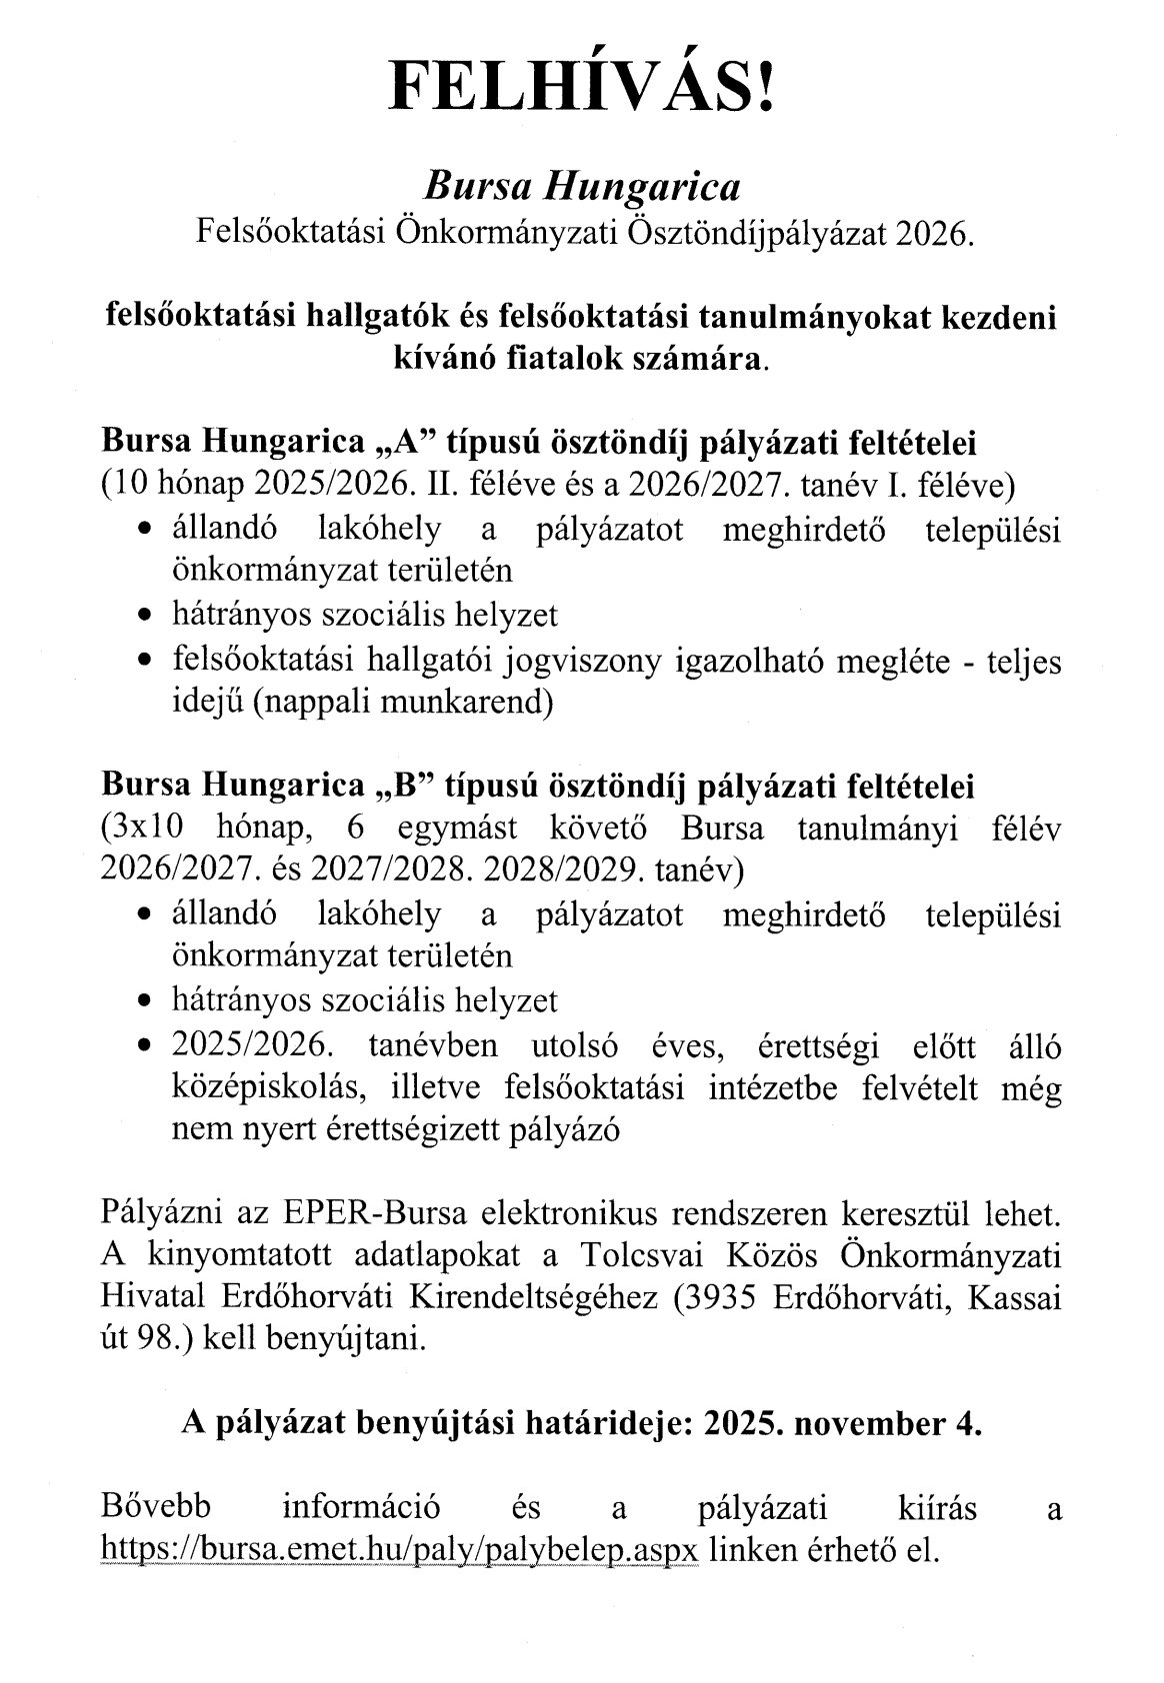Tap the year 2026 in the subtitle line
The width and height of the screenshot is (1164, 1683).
(x=934, y=235)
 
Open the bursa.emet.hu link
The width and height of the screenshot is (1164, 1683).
(x=400, y=1548)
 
